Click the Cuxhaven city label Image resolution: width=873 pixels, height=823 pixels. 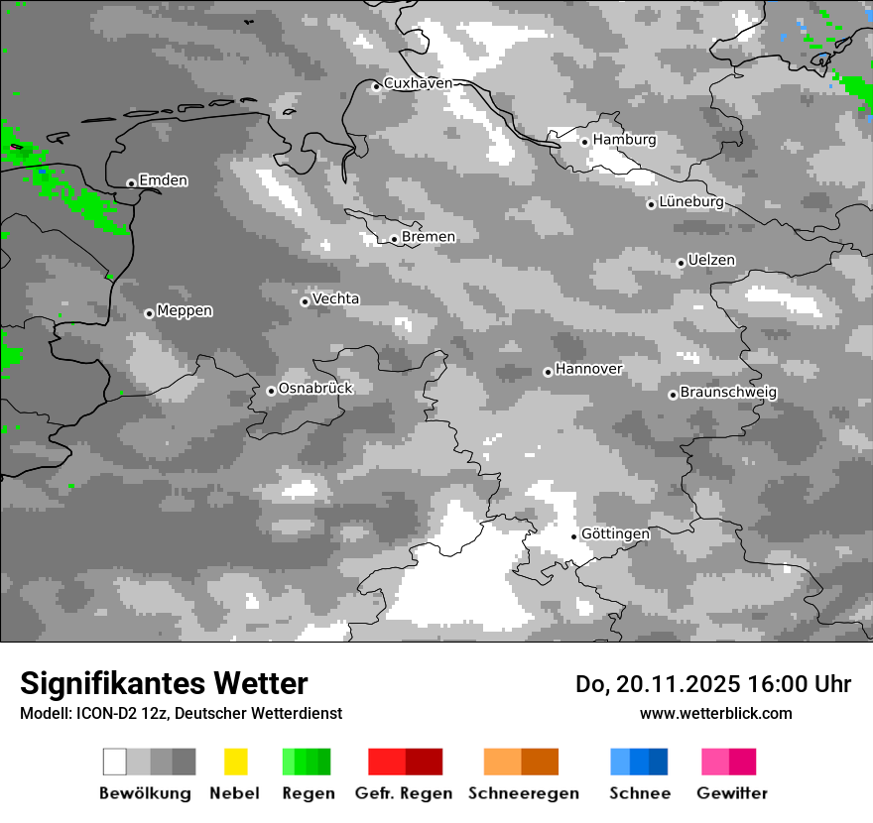tap(418, 83)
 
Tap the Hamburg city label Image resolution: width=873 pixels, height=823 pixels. tap(625, 140)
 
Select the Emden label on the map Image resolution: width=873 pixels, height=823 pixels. tap(164, 180)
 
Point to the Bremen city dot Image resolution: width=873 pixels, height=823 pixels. tap(394, 239)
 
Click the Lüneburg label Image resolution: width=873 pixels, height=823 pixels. tap(691, 202)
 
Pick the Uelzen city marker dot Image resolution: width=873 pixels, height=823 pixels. tap(681, 263)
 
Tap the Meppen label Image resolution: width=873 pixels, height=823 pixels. tap(185, 310)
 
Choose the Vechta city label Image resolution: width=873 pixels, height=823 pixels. tap(336, 298)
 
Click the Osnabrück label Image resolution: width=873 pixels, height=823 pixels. tap(315, 388)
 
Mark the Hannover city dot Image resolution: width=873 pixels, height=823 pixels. tap(548, 372)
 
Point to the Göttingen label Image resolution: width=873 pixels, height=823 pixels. tap(615, 533)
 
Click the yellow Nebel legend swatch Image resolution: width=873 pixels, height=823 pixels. tap(235, 762)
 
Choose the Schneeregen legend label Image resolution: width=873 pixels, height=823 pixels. tap(524, 793)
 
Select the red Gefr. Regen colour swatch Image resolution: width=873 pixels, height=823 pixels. tap(405, 762)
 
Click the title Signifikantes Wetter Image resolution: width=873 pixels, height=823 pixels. tap(164, 683)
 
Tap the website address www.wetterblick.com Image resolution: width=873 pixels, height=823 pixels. tap(715, 713)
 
